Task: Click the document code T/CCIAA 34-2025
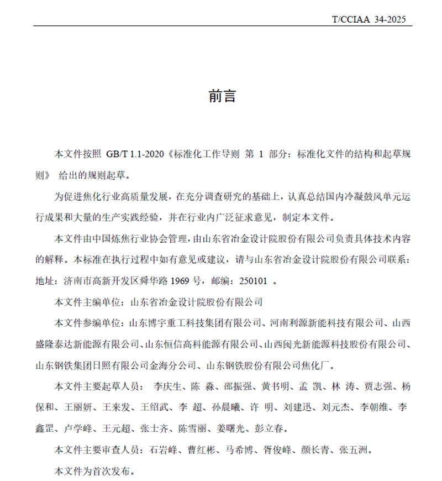[369, 20]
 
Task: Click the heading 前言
[222, 96]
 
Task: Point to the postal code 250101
[252, 281]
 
